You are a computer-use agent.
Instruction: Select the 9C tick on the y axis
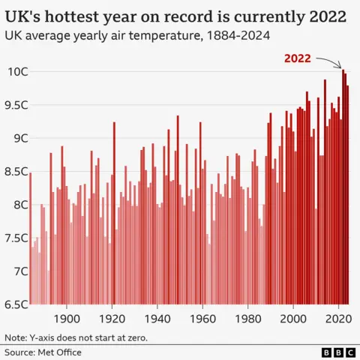(x=17, y=138)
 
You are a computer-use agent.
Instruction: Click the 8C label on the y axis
(x=17, y=205)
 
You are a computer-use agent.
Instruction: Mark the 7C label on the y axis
(x=17, y=271)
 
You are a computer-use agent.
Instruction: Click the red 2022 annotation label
(x=297, y=58)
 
